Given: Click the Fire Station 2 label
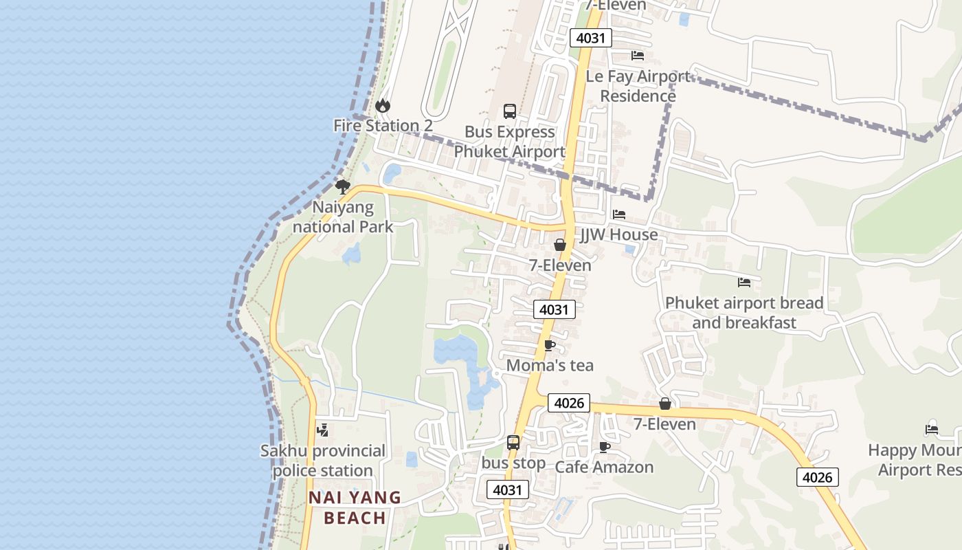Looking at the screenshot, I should [x=383, y=126].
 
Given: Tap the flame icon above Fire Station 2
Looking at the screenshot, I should [x=383, y=105].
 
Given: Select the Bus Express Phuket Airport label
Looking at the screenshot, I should [x=509, y=142].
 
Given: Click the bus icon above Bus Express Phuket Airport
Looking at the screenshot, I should [x=510, y=111].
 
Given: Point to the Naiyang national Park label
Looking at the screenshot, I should [x=343, y=217].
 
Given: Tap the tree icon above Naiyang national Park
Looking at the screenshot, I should [x=342, y=186].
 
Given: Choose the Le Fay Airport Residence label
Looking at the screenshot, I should [x=638, y=86].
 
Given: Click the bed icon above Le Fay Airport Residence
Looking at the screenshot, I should [x=638, y=56].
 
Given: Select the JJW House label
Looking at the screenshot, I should [x=619, y=234].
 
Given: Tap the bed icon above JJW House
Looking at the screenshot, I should [x=619, y=214].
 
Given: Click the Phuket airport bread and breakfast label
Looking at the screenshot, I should [x=744, y=313].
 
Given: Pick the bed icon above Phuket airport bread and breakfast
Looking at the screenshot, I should [x=744, y=282].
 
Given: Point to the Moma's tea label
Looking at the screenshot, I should [x=550, y=365].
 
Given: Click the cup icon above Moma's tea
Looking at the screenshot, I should [x=549, y=345].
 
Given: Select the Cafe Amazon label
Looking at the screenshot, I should [x=604, y=467].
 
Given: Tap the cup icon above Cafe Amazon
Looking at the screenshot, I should [x=604, y=447].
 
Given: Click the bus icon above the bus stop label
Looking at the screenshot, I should [x=513, y=443].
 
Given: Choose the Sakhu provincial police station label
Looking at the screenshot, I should [x=323, y=461].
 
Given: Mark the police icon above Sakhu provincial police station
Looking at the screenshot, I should [x=322, y=430].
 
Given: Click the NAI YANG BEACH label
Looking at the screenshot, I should [x=355, y=507].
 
